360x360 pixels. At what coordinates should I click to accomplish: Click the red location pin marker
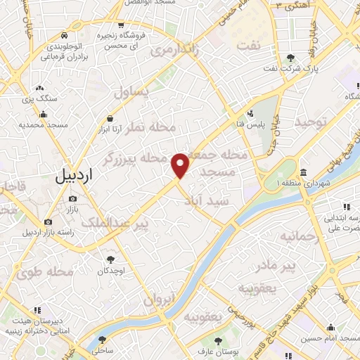point(181,165)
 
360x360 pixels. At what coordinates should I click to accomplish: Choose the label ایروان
point(158,299)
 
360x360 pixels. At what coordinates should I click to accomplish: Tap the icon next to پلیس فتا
point(250,112)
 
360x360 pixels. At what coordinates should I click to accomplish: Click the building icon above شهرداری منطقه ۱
point(303,173)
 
